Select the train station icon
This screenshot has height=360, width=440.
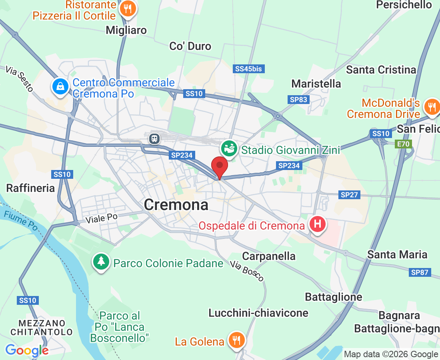154,138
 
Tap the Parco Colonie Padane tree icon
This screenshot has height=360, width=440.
101,262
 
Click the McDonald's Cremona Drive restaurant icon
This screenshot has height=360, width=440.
431,106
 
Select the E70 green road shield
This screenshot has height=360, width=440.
403,144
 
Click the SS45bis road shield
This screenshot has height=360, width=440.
248,69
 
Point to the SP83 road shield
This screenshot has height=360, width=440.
299,100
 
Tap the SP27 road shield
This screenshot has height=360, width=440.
349,195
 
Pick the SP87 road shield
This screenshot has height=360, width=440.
420,272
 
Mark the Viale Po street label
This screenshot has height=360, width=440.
102,218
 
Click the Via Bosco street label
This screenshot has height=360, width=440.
247,271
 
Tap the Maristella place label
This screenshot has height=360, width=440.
316,84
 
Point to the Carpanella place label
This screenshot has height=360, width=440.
269,256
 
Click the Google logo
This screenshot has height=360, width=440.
26,350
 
